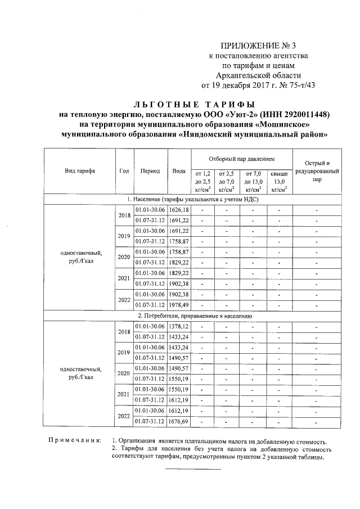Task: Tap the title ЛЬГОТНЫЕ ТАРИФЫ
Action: click(194, 104)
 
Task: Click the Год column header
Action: click(124, 170)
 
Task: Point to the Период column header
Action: click(150, 170)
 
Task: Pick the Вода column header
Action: click(179, 170)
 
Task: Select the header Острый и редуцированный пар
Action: click(316, 171)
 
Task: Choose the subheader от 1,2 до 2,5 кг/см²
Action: click(202, 181)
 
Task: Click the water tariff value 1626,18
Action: click(179, 210)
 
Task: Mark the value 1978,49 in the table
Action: click(179, 305)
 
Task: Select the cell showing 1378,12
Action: click(179, 326)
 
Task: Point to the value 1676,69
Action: click(179, 421)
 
